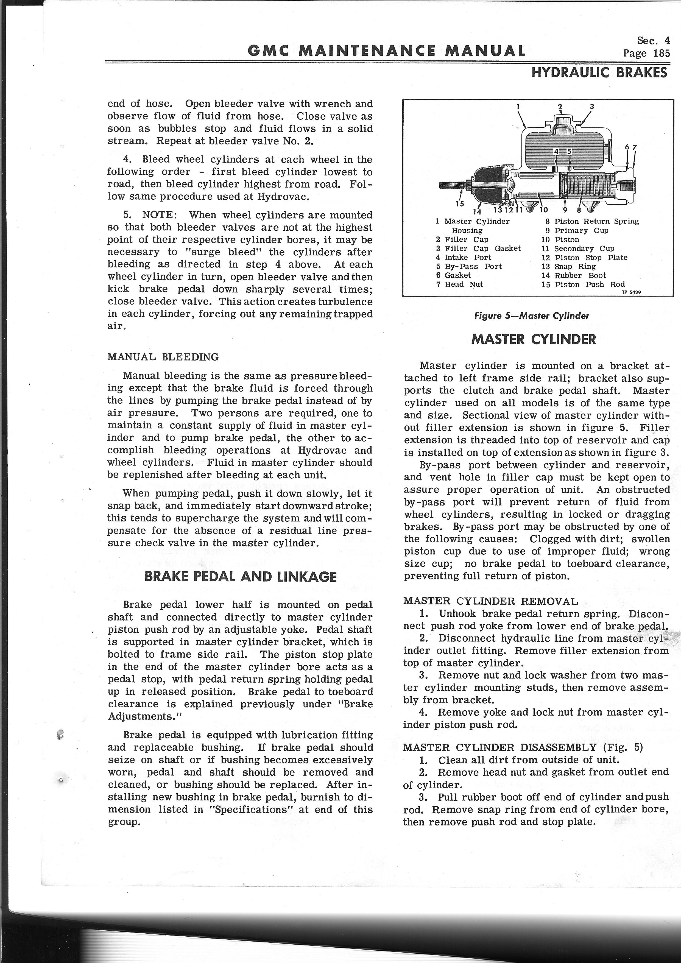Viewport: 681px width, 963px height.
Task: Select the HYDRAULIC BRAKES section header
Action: click(599, 72)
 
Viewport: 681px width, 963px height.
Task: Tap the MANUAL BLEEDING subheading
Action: click(163, 357)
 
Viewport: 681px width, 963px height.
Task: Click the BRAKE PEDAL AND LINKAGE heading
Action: click(240, 577)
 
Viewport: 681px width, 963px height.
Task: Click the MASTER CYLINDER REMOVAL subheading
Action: click(490, 601)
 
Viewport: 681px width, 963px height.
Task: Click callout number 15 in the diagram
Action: click(460, 203)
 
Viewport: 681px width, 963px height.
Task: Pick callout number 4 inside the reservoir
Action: click(556, 151)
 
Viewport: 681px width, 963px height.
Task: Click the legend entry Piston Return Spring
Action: click(596, 221)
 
